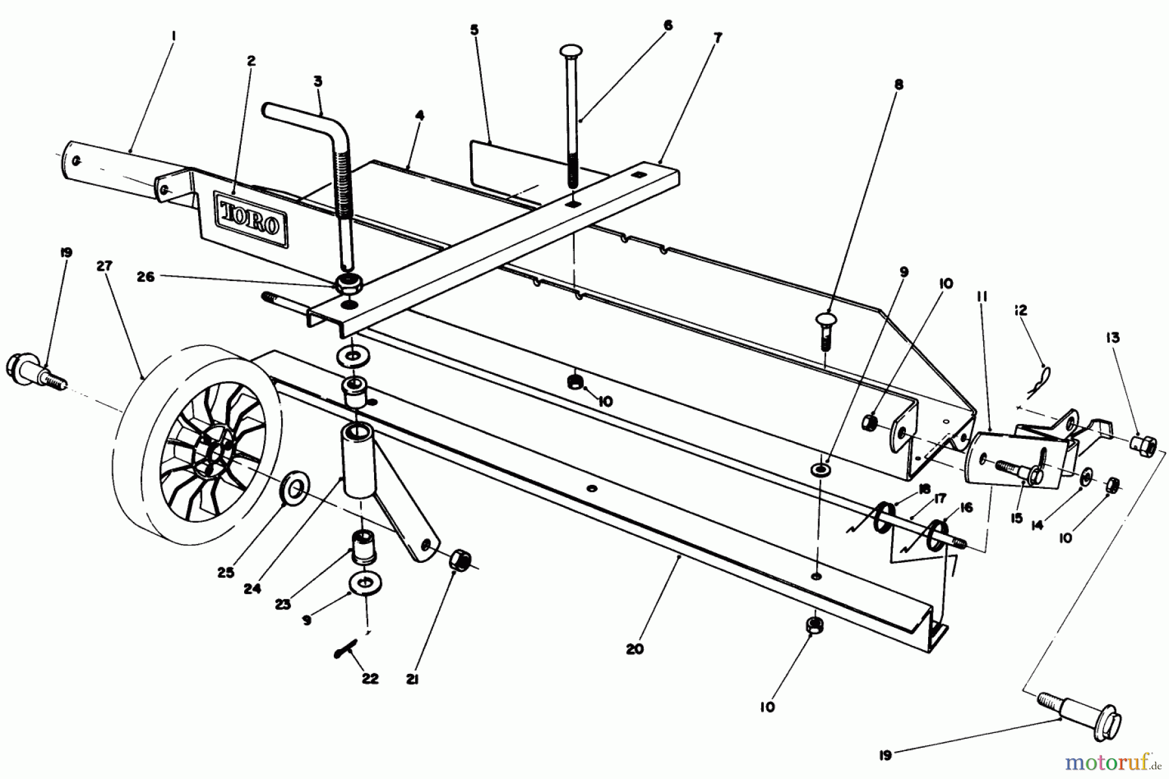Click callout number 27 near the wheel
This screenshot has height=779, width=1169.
click(x=105, y=266)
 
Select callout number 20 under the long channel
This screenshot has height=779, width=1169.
click(x=635, y=649)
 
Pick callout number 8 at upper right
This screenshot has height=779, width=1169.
click(x=898, y=84)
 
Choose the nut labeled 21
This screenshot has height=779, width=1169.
click(x=460, y=559)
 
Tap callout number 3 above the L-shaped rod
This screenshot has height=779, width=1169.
click(x=318, y=82)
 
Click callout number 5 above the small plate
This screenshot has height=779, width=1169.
click(x=475, y=31)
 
